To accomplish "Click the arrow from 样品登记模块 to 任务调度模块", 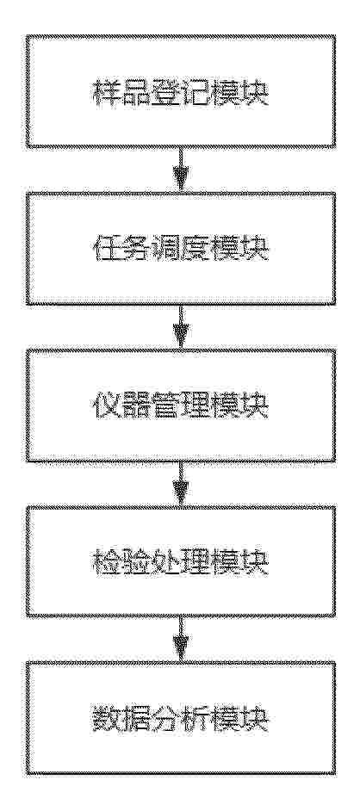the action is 180,170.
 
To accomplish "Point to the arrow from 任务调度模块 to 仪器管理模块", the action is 180,327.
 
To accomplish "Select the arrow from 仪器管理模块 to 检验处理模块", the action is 180,484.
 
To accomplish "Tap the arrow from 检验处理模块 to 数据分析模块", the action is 180,640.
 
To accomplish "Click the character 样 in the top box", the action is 107,94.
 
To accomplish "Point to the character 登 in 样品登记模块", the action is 165,94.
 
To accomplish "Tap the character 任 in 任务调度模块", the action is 107,251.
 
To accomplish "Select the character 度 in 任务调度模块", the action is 196,251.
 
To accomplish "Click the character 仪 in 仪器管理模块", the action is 107,407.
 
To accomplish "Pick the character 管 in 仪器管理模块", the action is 165,407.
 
